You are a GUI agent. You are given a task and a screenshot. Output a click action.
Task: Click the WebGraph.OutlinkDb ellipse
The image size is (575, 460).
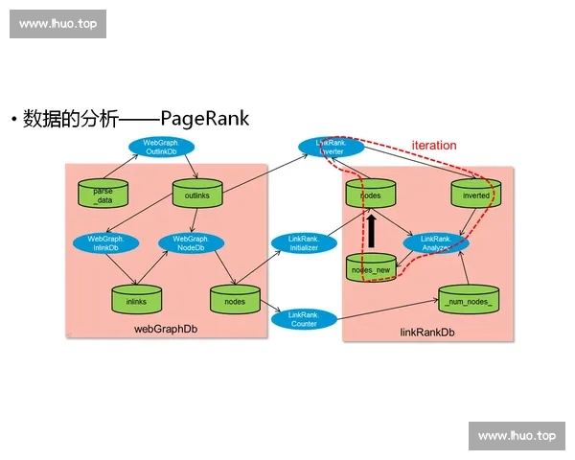[x=162, y=147]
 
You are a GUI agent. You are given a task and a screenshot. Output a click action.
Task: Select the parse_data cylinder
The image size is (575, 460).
[x=103, y=195]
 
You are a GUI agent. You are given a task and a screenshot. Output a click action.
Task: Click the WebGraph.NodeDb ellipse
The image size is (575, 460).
[x=191, y=242]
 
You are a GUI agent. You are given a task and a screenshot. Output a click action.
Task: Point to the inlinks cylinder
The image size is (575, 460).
[x=136, y=300]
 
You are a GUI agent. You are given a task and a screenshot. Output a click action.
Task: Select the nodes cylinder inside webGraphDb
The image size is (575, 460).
[x=235, y=300]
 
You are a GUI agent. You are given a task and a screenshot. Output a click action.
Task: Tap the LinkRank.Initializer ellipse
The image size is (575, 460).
[x=303, y=242]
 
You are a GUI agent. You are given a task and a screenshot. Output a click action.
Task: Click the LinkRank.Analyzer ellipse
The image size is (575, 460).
[x=435, y=242]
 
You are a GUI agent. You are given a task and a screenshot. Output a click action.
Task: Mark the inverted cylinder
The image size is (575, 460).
[x=475, y=195]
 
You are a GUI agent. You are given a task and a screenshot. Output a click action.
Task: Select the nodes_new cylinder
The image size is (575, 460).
[x=369, y=268]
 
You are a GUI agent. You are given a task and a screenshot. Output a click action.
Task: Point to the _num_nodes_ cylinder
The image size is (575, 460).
[x=468, y=301]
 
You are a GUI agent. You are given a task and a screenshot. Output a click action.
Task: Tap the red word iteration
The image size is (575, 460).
[x=434, y=145]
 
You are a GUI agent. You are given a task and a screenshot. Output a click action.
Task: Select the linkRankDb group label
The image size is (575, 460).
[x=427, y=332]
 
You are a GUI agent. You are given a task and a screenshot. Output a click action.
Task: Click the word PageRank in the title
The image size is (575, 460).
[x=205, y=119]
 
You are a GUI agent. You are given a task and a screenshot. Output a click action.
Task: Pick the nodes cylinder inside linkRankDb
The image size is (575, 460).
[x=370, y=195]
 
